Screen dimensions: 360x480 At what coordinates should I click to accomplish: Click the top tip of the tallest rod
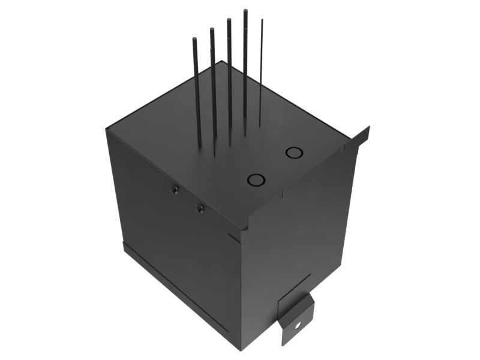pos(245,11)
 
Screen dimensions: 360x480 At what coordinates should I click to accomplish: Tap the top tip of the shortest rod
pos(194,39)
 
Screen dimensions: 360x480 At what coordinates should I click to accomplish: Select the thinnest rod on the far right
pos(261,72)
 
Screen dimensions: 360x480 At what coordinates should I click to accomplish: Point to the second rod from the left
pos(212,84)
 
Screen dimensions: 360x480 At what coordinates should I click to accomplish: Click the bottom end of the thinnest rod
pos(260,125)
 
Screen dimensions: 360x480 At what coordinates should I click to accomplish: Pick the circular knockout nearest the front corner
pos(256,179)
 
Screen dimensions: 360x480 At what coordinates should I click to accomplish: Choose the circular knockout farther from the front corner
pos(294,152)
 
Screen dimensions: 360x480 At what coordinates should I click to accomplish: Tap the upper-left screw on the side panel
pos(175,190)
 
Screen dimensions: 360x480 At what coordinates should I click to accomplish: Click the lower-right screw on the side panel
pos(200,208)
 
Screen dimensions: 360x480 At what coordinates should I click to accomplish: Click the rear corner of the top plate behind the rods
pos(223,61)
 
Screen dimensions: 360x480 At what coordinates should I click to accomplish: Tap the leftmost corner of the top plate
pos(107,130)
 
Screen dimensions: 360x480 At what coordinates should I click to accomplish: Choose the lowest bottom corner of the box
pos(241,350)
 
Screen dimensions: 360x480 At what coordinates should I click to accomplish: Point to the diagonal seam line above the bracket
pos(294,288)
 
